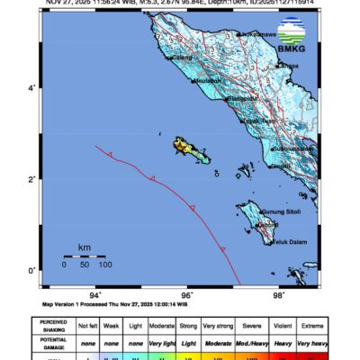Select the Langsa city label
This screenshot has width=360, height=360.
point(290,66)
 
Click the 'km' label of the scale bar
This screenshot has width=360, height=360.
point(83,247)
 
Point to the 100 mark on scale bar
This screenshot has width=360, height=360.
point(104,265)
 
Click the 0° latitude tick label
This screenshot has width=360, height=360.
point(32,271)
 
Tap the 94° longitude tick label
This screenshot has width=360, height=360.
point(95,294)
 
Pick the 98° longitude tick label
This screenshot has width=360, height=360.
point(279,294)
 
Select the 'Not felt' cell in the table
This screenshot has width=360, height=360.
point(88,322)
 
